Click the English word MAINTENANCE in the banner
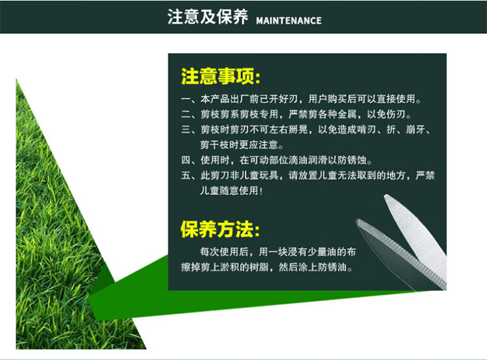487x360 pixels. pyautogui.click(x=289, y=21)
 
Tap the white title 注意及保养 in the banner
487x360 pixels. pyautogui.click(x=208, y=16)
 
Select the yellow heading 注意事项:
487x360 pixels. pyautogui.click(x=221, y=76)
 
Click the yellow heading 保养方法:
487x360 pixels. pyautogui.click(x=220, y=229)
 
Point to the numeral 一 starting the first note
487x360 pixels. pyautogui.click(x=186, y=99)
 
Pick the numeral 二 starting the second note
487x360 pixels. pyautogui.click(x=186, y=114)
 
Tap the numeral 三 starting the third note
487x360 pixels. pyautogui.click(x=186, y=129)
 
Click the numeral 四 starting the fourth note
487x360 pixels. pyautogui.click(x=186, y=160)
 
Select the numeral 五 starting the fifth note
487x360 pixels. pyautogui.click(x=186, y=175)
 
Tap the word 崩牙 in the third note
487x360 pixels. pyautogui.click(x=415, y=129)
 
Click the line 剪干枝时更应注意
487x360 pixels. pyautogui.click(x=239, y=144)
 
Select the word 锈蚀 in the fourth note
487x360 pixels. pyautogui.click(x=357, y=160)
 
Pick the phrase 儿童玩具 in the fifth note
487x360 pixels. pyautogui.click(x=258, y=175)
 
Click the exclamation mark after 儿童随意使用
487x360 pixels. pyautogui.click(x=260, y=191)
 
